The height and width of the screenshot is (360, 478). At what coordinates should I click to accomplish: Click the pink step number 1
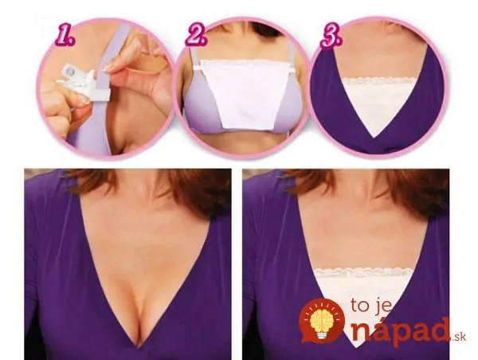point(65,37)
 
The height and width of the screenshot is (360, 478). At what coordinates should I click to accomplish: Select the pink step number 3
point(331,37)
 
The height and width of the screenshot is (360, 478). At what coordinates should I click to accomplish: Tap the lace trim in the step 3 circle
point(378,82)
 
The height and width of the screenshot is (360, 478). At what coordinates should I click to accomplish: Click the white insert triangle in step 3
point(378,104)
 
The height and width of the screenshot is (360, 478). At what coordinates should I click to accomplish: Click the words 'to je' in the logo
point(370,306)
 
